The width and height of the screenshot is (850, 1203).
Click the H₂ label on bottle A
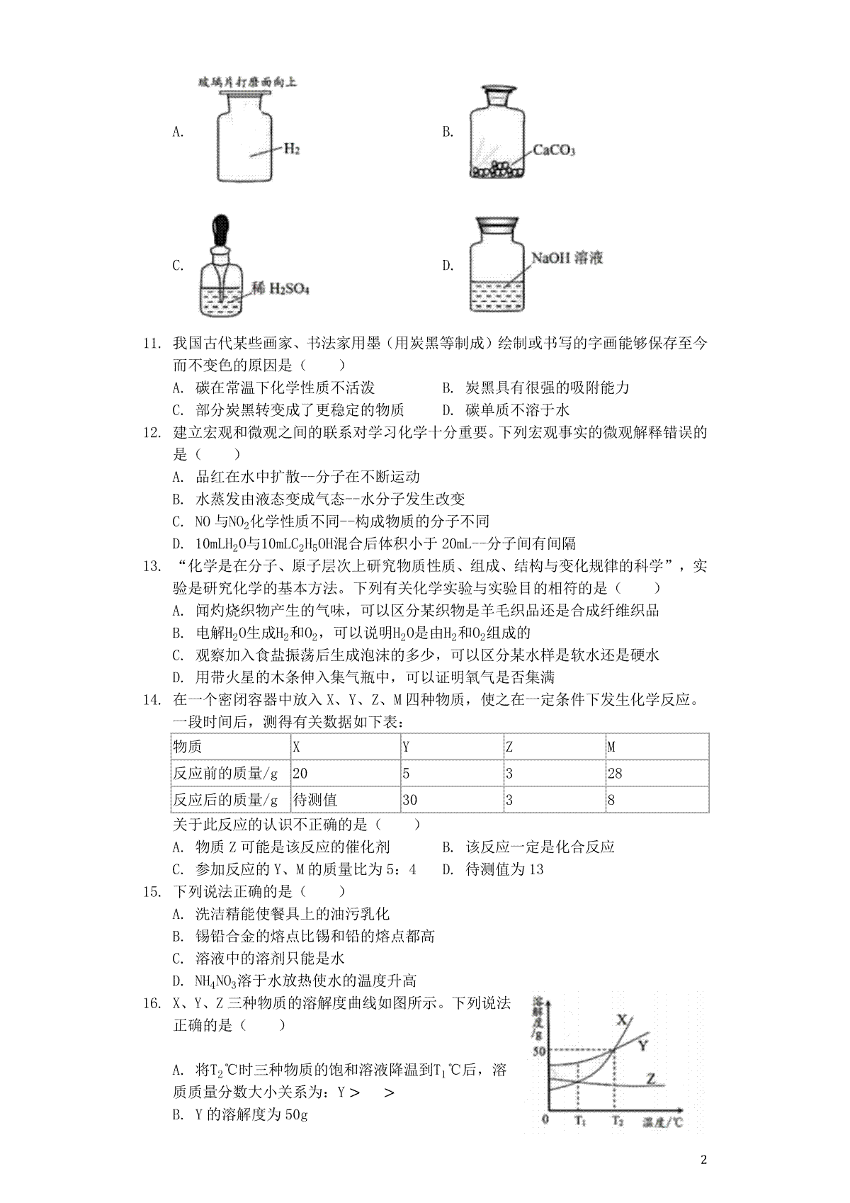click(x=292, y=149)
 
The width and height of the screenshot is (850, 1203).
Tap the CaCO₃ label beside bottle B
click(x=554, y=150)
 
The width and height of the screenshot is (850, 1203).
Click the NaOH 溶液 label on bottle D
click(x=567, y=257)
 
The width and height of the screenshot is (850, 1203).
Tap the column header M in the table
click(x=611, y=746)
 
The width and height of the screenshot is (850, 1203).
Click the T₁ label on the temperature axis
click(x=579, y=1120)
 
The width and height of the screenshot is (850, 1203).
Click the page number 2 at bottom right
click(x=703, y=1160)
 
